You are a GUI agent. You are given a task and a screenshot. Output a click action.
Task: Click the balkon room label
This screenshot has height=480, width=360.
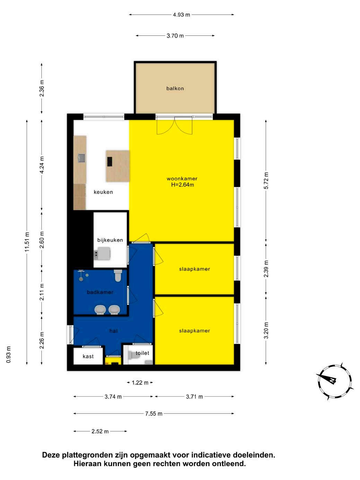coord(175,88)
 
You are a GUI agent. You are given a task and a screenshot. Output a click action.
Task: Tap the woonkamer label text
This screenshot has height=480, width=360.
coord(182,179)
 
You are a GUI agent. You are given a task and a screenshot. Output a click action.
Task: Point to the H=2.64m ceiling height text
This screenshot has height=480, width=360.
coord(182,185)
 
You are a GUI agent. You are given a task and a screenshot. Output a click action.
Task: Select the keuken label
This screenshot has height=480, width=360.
coord(103,192)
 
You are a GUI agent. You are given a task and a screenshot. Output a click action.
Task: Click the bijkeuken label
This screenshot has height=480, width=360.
coord(110,240)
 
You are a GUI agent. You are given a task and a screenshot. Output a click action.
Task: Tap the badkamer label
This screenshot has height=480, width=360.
coord(100,292)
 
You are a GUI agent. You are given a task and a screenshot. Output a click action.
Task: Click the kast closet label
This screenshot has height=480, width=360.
coord(88,356)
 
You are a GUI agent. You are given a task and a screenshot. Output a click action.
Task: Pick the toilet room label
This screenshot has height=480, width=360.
coord(142,353)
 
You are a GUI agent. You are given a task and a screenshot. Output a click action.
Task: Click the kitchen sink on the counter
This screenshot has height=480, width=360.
coord(82,158)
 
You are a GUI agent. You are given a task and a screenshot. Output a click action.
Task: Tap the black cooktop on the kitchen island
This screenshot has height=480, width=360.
coord(110,162)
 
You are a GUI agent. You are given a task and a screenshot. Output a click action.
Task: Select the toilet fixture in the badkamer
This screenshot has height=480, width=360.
coord(118,275)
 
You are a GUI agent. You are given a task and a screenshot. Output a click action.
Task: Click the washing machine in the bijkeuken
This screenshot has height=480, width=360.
coord(102,254)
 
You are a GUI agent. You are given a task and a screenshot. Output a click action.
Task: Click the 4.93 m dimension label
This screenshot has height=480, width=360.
coord(181,15)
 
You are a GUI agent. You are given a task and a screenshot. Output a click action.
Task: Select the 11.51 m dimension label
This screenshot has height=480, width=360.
coord(27,242)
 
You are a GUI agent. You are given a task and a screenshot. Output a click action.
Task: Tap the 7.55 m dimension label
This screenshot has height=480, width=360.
coord(154,413)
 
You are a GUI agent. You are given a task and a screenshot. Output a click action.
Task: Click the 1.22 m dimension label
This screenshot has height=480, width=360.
coord(140,383)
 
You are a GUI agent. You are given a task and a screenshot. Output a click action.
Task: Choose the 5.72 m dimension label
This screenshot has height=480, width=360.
coord(266,181)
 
